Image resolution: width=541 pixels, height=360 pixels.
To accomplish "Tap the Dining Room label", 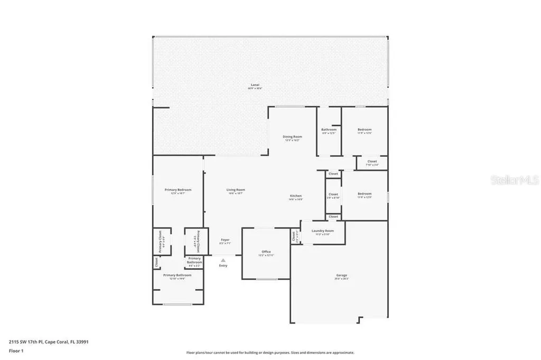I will [x=293, y=137].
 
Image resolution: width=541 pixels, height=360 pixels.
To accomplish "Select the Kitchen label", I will [x=295, y=196].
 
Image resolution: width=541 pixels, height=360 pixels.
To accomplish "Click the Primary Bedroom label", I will [x=178, y=190].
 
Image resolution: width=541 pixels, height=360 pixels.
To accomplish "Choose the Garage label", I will [x=342, y=276].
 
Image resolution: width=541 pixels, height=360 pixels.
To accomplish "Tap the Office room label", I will [x=266, y=252].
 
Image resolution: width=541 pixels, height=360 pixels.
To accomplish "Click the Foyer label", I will [x=225, y=240].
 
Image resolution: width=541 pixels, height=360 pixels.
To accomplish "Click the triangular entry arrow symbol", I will [x=223, y=260].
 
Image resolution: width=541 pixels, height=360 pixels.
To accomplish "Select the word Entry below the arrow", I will [x=223, y=266].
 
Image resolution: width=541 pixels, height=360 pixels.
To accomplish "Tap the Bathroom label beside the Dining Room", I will [x=329, y=130].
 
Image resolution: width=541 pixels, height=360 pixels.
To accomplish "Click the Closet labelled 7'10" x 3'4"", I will [x=372, y=162].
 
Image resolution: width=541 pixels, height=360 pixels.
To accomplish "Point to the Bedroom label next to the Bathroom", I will [x=365, y=130].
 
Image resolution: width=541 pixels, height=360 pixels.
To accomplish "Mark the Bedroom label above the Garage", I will [x=365, y=194].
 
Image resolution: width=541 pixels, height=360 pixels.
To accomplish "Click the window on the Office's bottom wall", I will [x=266, y=279].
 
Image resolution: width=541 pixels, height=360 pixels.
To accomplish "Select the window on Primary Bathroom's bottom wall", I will [x=177, y=304].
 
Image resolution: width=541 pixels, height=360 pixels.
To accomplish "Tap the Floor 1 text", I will [x=17, y=350].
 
